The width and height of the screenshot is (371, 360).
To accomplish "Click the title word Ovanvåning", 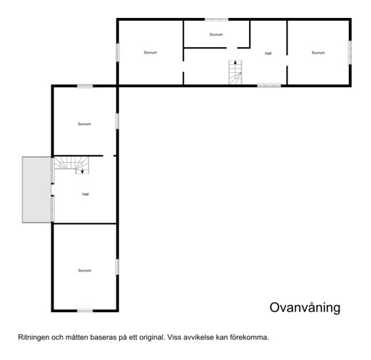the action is click(x=305, y=308).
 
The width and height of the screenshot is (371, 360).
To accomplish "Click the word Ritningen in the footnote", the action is click(x=34, y=338).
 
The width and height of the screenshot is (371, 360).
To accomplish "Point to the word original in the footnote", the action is click(x=151, y=338).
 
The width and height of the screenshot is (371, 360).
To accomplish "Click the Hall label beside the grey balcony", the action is click(x=86, y=194).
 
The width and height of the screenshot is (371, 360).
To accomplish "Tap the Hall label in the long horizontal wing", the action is click(x=268, y=54).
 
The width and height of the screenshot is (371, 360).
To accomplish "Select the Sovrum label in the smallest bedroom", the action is click(x=216, y=34).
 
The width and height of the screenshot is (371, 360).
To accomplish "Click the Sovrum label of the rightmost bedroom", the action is click(x=318, y=53).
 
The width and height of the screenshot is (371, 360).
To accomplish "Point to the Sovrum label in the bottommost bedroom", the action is click(x=85, y=271).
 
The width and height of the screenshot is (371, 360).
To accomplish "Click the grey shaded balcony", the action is click(x=37, y=190).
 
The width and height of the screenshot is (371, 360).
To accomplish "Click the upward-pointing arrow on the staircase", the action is click(x=235, y=62).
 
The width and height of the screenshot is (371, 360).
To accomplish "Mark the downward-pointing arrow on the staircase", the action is click(x=82, y=171).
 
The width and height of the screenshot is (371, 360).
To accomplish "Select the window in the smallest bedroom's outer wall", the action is click(x=217, y=19).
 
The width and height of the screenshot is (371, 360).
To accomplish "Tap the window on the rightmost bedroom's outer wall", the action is click(x=350, y=52).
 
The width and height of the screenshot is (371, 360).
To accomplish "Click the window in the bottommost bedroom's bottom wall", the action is click(x=85, y=311).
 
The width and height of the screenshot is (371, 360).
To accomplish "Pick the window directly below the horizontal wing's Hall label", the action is click(x=269, y=86).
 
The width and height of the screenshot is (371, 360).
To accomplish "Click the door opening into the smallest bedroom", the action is click(x=232, y=48).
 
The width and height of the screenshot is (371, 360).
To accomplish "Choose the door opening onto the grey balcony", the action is click(x=53, y=190).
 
